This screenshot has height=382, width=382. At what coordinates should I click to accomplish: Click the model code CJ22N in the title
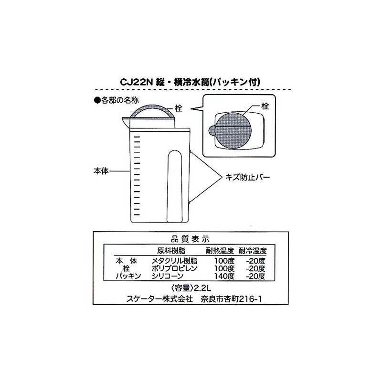point(136,82)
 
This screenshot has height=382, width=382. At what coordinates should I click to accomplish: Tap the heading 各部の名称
point(117,100)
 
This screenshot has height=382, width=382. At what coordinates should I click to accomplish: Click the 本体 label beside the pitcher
point(101,171)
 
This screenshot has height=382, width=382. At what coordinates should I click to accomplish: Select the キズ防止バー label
point(247,177)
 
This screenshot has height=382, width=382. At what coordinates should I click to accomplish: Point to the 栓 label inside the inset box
point(265,106)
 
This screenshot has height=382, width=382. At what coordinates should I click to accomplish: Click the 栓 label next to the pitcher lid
point(179,108)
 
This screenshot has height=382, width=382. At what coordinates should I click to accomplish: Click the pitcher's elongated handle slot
point(174,186)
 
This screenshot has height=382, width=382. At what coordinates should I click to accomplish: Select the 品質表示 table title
point(190,239)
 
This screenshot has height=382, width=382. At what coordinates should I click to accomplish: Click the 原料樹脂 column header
point(171,250)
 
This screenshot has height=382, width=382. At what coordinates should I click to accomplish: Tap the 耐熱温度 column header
point(220,250)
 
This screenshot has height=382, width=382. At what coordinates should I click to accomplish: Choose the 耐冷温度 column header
point(253,250)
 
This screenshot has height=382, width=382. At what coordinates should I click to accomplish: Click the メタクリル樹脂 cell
point(174,261)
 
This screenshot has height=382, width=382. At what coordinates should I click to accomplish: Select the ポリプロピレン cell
point(174,268)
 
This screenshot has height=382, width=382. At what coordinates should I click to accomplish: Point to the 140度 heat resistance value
point(224,276)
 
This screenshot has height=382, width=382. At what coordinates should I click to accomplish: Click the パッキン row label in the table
point(128,276)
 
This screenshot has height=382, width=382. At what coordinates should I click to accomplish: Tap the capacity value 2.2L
point(202,288)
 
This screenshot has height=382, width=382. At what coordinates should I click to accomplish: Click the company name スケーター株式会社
point(159,299)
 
